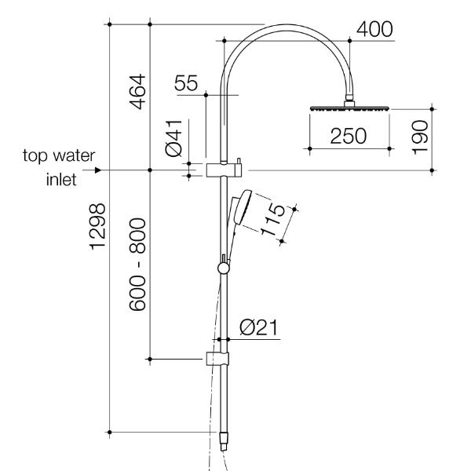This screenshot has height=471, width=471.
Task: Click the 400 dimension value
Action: [375, 29]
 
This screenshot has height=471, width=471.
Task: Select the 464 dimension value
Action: [137, 92]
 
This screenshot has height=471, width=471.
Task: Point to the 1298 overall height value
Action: [96, 227]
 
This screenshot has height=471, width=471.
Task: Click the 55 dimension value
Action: [188, 84]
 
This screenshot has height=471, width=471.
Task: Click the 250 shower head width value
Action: [348, 136]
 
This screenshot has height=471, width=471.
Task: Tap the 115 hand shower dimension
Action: [274, 225]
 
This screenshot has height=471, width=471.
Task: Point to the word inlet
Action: [60, 180]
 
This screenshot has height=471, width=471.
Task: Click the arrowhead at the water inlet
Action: [97, 170]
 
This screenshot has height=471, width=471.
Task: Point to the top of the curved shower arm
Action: [287, 27]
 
